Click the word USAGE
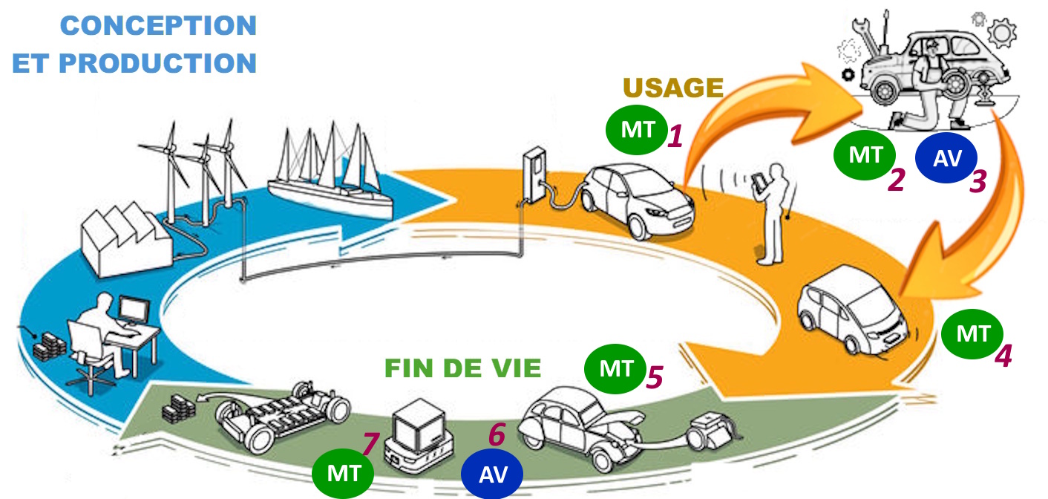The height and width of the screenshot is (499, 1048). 673,88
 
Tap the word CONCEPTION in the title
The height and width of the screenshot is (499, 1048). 158,26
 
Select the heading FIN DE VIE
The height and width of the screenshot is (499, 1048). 462,368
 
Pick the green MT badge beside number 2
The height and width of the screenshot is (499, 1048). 865,155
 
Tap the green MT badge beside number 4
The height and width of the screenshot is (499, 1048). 972,334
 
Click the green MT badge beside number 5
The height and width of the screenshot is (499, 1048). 615,368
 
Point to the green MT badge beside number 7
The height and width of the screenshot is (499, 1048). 343,474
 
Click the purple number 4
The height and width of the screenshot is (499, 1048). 1003,356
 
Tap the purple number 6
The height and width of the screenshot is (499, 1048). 497,434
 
